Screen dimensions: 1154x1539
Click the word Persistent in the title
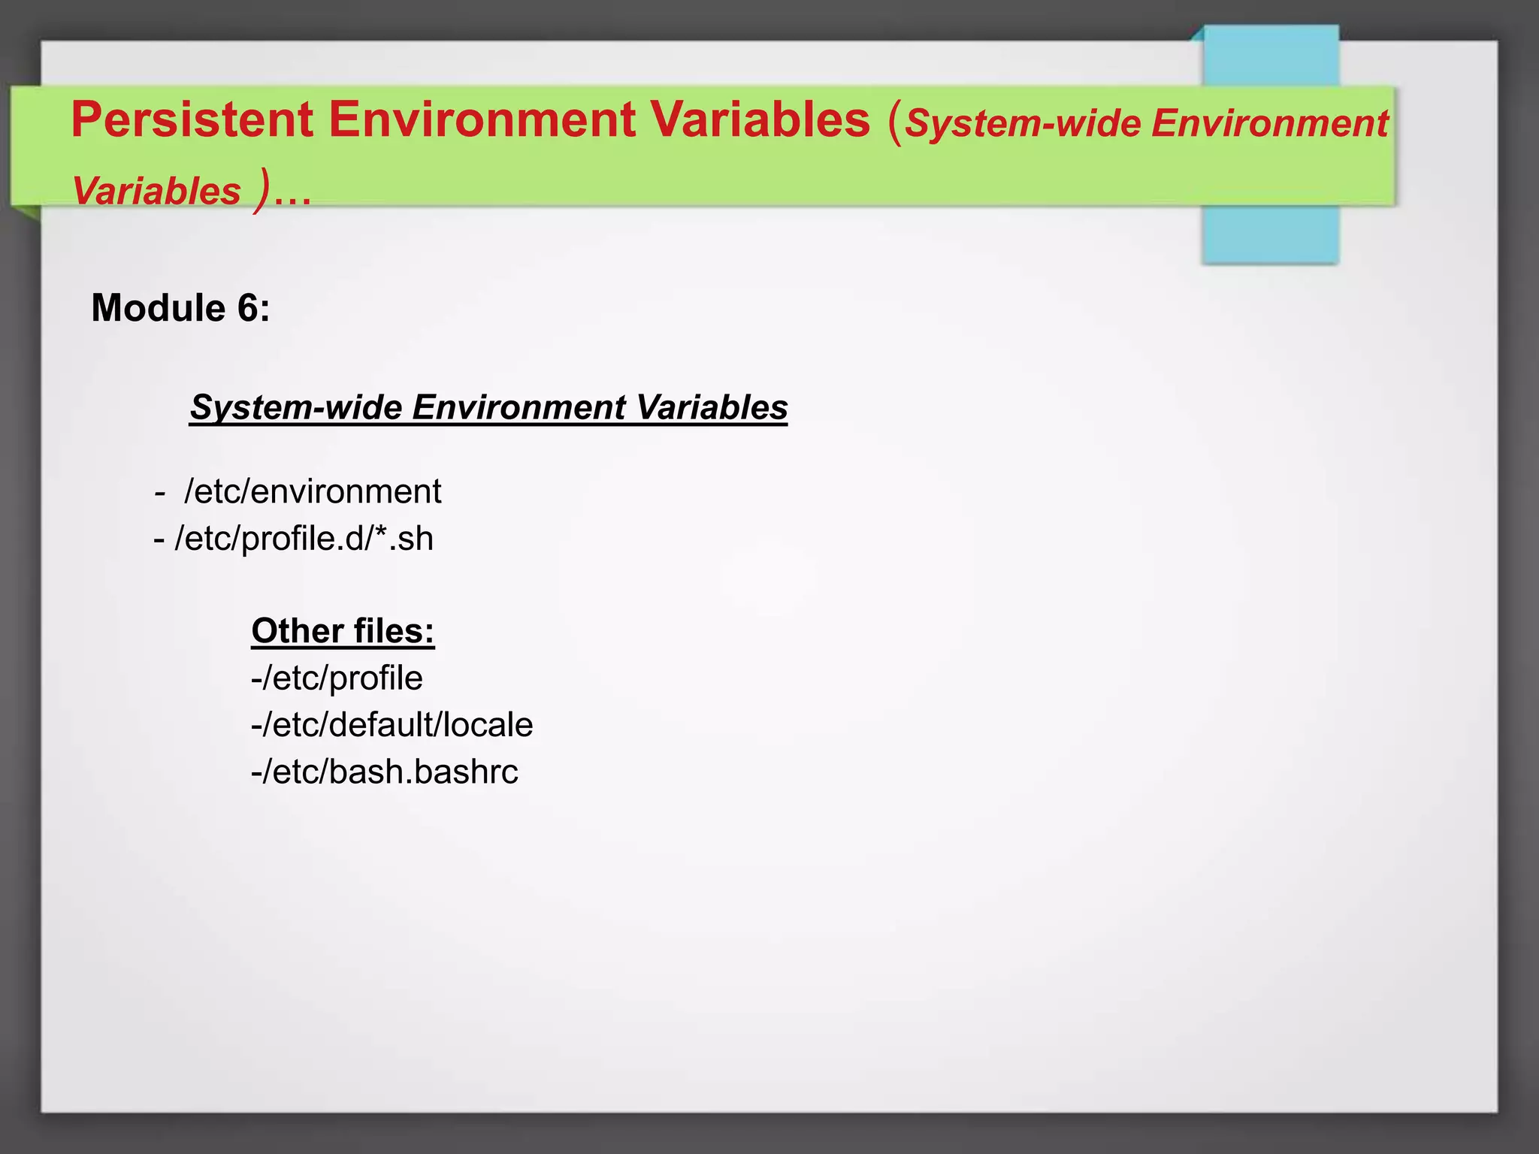tap(192, 120)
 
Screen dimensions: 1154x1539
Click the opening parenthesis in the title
tap(894, 122)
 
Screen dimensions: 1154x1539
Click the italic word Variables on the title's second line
tap(156, 191)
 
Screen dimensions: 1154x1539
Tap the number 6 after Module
tap(249, 308)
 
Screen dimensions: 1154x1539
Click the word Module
tap(158, 308)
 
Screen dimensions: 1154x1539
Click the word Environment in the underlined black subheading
tap(519, 407)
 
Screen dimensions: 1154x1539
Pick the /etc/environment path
tap(313, 492)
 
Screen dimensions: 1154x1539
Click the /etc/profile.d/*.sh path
tap(304, 539)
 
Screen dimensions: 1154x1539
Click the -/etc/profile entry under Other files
tap(337, 678)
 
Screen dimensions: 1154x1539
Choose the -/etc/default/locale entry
tap(392, 725)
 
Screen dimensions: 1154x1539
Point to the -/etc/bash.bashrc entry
tap(384, 772)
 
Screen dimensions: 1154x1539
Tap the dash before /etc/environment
tap(159, 494)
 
